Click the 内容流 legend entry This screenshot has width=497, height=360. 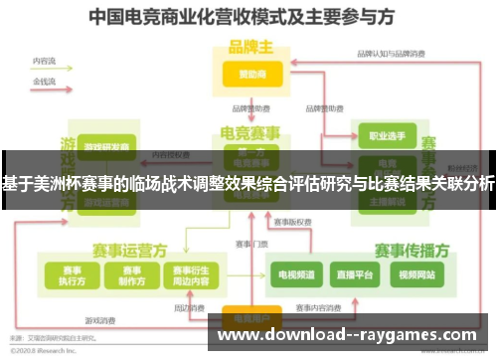pyautogui.click(x=44, y=61)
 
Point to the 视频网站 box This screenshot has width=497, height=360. pyautogui.click(x=414, y=273)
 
